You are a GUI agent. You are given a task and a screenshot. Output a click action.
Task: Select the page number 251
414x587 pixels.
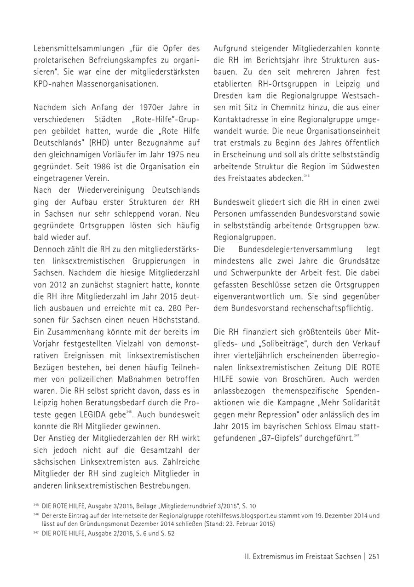point(374,557)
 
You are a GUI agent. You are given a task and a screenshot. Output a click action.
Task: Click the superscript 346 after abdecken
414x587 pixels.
point(307,176)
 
